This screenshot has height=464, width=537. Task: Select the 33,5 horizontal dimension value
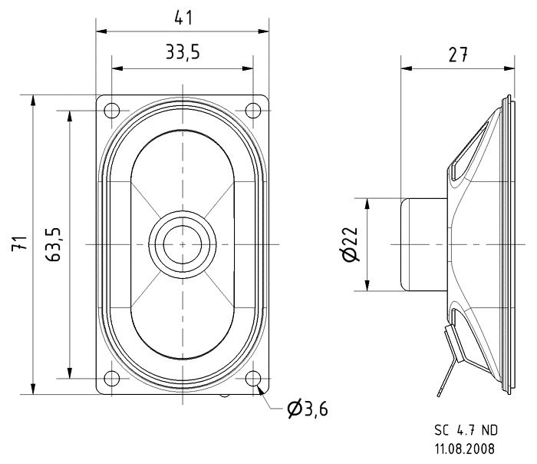183,53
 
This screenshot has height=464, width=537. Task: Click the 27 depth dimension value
457,55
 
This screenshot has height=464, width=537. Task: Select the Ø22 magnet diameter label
350,244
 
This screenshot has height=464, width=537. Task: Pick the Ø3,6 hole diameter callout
307,409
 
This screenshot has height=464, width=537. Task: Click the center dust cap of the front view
183,244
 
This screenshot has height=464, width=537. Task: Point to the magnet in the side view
423,244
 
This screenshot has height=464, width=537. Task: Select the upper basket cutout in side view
463,154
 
